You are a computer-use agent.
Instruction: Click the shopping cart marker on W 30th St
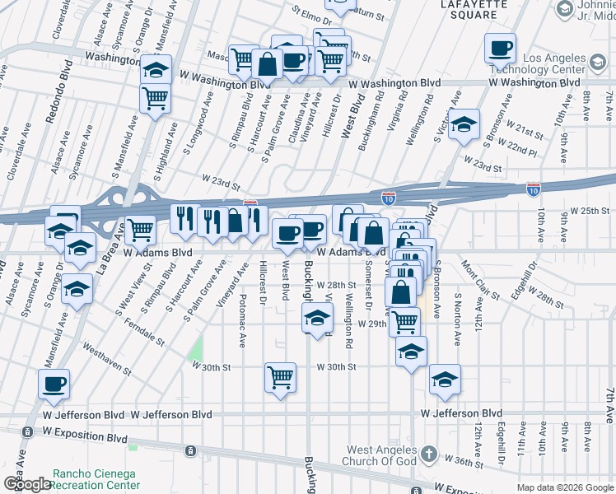280,378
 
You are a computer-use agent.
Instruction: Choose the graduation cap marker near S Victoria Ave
464,125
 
